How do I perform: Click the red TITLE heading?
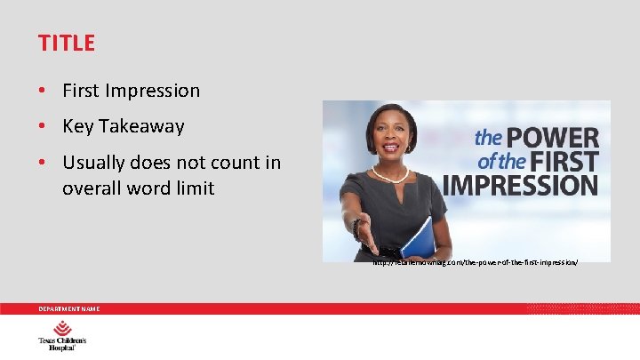coord(67,43)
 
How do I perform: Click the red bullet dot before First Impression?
coord(43,92)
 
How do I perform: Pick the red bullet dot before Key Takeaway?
coord(43,127)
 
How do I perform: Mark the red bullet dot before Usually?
coord(43,164)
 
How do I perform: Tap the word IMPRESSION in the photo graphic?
coord(520,185)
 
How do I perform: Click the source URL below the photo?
coord(475,263)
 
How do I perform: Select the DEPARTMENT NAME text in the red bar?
coord(68,308)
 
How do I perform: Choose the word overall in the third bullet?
coord(92,188)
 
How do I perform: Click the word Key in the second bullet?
coord(78,126)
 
